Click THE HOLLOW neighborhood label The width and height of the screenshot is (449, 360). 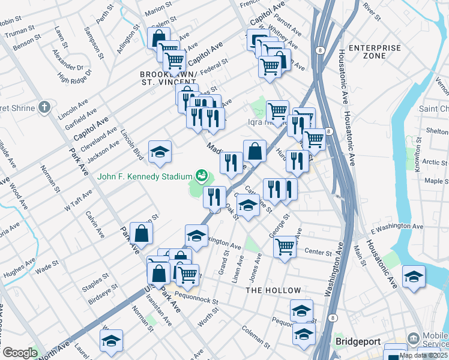[x=273, y=290]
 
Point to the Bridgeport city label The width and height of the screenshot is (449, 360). [x=358, y=341]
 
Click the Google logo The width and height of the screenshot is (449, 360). [x=19, y=353]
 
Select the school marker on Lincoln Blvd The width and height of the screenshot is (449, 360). [x=160, y=152]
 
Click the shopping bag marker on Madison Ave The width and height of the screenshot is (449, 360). [x=255, y=151]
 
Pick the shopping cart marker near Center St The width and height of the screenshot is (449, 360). [x=285, y=246]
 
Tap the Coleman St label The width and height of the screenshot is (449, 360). [x=256, y=331]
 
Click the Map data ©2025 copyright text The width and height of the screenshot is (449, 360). [x=424, y=355]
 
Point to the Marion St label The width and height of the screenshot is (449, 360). [x=158, y=10]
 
